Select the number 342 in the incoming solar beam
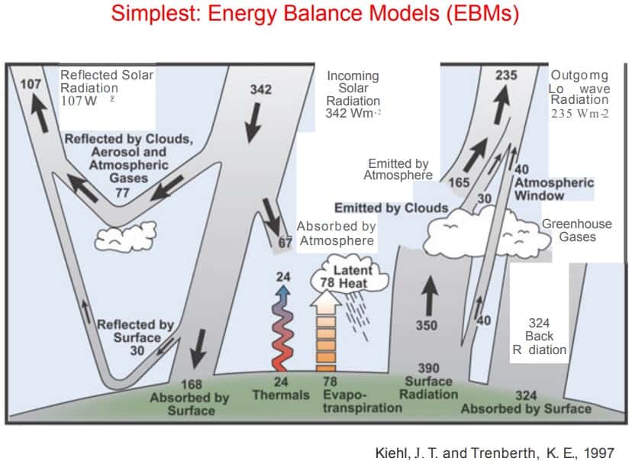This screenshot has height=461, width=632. point(261,90)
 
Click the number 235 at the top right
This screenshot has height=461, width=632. point(506,75)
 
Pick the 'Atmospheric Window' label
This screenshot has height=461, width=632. point(553,189)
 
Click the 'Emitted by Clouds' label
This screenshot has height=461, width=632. point(391,208)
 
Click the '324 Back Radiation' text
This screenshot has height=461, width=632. point(540,336)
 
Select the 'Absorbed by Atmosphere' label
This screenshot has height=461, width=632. point(337,234)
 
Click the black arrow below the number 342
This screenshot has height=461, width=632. point(250,123)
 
